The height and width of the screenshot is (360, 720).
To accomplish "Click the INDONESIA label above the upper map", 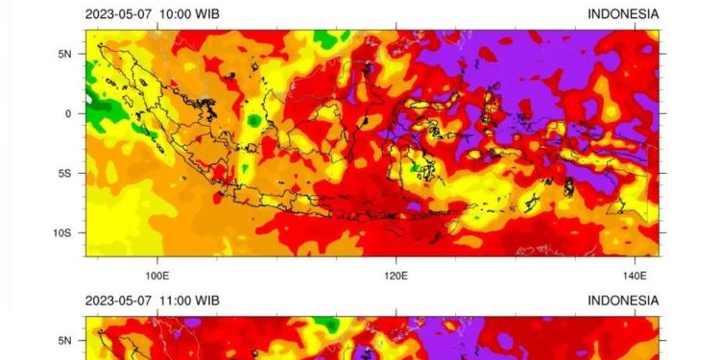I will coord(623,13).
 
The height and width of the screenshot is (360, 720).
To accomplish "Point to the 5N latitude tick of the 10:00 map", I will coord(65,54).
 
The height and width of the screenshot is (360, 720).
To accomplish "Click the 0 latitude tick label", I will coord(68,113).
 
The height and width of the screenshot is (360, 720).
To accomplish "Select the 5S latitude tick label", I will coord(65,173).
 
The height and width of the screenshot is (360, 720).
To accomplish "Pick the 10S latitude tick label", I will coord(62,232).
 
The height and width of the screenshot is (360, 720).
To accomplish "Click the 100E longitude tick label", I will coord(158,275).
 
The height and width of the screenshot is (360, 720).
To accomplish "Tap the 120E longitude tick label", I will coord(396,275).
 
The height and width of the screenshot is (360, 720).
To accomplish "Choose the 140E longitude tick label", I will coord(634,275).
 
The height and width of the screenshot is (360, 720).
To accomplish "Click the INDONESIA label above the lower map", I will coord(623,300).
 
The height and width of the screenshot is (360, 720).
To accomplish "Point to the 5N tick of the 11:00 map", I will coord(65,340).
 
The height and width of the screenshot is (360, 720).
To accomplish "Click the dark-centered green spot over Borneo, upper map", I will coord(253,121).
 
